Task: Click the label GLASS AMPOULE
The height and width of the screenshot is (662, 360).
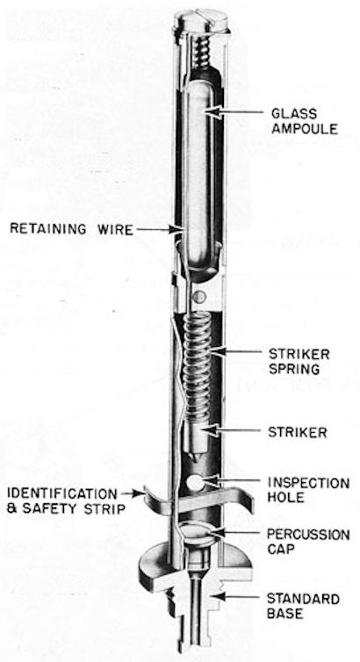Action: (305, 121)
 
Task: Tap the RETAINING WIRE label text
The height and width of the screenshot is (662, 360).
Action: (72, 229)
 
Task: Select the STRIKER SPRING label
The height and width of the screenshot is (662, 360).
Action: (299, 361)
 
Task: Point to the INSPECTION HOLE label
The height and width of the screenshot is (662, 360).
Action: (308, 489)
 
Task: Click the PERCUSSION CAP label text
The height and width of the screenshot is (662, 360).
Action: (308, 542)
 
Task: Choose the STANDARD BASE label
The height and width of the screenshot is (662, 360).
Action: (303, 606)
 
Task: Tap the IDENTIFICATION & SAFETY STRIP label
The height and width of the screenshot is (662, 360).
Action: (66, 500)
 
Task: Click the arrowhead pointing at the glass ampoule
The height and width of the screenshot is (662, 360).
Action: (213, 112)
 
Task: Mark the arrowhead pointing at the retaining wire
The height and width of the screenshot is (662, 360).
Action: (177, 229)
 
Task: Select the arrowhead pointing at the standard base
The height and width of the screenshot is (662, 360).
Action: (218, 596)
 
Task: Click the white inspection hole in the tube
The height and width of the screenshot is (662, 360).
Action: (195, 483)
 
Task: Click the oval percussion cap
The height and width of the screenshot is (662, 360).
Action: (197, 531)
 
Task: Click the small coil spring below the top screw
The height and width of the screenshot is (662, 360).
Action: (202, 52)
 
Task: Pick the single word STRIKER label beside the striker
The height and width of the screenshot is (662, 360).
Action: (297, 432)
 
